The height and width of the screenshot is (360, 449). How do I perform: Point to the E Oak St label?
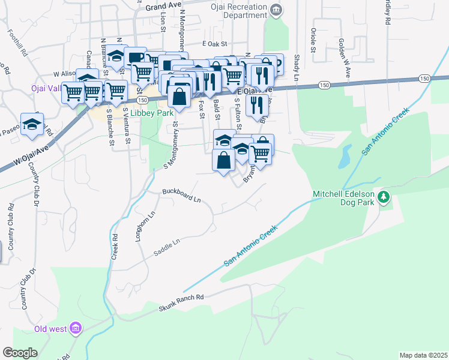(x=216, y=44)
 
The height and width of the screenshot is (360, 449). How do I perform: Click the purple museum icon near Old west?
(x=76, y=328)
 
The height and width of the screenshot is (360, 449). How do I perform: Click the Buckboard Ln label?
(x=181, y=196)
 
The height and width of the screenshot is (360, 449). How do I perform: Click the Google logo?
(x=20, y=353)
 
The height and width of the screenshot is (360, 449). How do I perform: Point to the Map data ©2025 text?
(x=423, y=355)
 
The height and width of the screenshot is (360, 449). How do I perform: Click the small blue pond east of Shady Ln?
(x=345, y=157)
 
